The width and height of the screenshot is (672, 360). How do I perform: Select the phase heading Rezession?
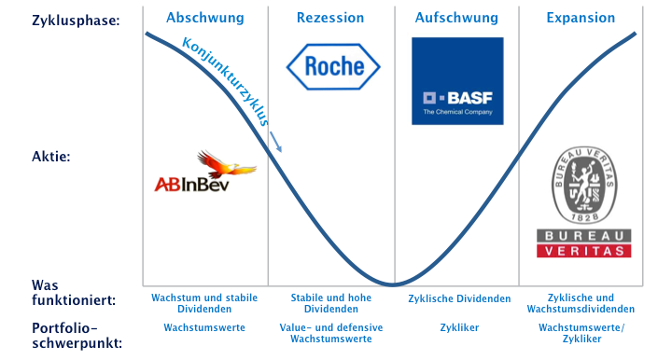pos(330,18)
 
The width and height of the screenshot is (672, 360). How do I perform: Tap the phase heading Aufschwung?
pos(455,18)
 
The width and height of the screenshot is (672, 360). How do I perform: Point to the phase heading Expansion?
pos(581,18)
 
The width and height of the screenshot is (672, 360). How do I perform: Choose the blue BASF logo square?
pos(457,80)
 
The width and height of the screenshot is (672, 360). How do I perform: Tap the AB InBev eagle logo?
pos(204,174)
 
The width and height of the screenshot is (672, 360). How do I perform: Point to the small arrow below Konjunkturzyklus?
pos(275,142)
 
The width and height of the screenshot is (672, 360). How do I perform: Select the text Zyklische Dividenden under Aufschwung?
pos(459,299)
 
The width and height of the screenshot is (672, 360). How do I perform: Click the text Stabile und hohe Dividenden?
pos(331,303)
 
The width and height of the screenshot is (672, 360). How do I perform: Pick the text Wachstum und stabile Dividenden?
pos(204,303)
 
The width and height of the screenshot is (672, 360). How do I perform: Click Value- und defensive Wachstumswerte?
pos(331,334)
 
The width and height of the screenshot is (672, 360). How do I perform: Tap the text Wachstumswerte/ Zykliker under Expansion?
pos(581,334)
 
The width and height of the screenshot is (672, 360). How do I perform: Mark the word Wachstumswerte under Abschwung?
pos(204,328)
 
